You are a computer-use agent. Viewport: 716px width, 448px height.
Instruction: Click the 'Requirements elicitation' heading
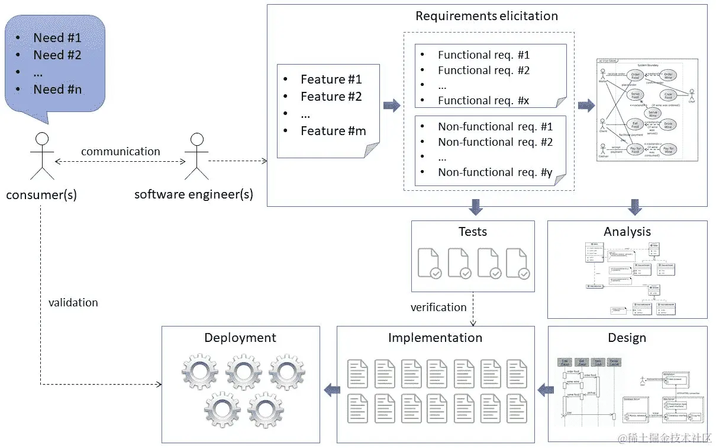coord(486,16)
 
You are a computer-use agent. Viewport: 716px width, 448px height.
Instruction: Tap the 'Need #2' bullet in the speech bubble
coord(57,55)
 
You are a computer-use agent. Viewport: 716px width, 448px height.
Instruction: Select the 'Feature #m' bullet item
coord(333,131)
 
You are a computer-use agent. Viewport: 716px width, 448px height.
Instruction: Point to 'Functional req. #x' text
coord(483,101)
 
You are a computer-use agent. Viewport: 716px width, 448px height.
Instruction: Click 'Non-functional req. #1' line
coord(495,127)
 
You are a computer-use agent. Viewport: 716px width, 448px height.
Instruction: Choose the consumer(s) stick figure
coord(42,156)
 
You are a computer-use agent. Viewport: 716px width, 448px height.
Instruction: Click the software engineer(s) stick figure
coord(196,156)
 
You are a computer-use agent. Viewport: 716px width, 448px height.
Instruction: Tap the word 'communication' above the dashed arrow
coord(120,152)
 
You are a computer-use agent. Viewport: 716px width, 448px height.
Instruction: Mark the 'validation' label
coord(73,303)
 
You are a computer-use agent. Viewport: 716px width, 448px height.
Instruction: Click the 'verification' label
coord(438,308)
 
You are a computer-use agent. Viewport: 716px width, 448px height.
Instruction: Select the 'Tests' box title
coord(472,232)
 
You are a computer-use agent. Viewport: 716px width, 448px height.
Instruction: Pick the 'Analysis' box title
coord(627,232)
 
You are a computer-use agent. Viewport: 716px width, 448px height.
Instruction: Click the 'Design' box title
coord(627,338)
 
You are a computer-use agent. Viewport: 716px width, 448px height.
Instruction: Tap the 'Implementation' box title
coord(435,338)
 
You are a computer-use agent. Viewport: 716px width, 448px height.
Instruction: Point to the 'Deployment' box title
coord(240,338)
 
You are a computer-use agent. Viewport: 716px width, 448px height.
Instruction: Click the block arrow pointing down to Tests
coord(475,207)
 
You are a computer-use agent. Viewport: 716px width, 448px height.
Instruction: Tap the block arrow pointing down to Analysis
coord(635,207)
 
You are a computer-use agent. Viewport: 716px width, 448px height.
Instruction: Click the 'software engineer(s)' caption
coord(193,194)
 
